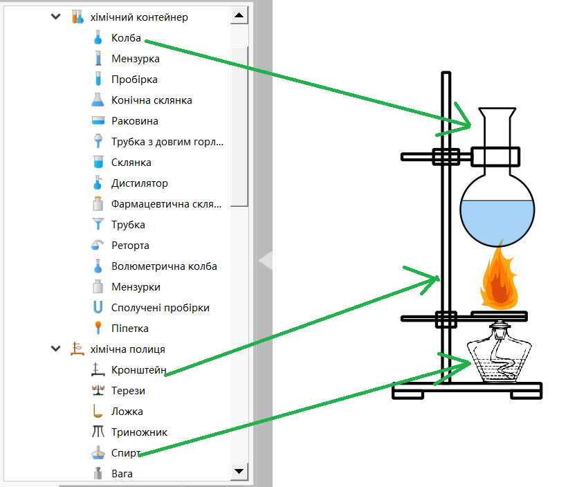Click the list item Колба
(x=126, y=38)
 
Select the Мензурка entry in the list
(x=136, y=59)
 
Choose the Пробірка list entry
(x=134, y=80)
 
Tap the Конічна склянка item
(x=152, y=100)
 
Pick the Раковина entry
(x=135, y=121)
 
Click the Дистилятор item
(x=140, y=183)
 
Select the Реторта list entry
(x=130, y=246)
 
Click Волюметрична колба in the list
(x=164, y=266)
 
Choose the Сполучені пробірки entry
(x=160, y=308)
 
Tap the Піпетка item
(x=130, y=329)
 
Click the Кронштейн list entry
(x=139, y=370)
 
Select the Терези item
(x=128, y=391)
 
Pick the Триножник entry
(x=139, y=432)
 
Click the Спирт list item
(x=126, y=453)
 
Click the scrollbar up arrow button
(x=239, y=15)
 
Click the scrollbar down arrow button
(x=239, y=471)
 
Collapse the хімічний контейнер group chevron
(x=56, y=17)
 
